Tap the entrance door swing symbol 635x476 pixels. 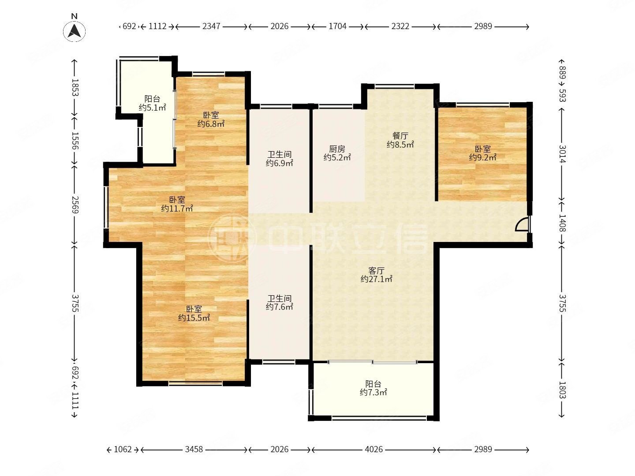click(523, 224)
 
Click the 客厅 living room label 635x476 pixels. click(377, 271)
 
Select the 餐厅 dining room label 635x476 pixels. click(400, 136)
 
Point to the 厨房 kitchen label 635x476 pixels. click(337, 149)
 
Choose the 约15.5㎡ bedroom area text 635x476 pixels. click(194, 318)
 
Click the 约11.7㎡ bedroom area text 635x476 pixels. click(177, 208)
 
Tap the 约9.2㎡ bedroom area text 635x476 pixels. click(483, 157)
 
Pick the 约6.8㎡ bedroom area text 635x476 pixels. click(211, 124)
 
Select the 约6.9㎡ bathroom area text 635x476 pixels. click(279, 163)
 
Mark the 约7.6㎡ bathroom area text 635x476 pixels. click(279, 307)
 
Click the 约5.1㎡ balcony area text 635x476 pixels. click(152, 108)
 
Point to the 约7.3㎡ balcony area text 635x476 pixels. click(373, 392)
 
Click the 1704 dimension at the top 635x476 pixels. click(337, 26)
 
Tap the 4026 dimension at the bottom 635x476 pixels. click(374, 450)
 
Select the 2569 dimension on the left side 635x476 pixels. click(75, 205)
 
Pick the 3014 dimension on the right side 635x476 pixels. click(562, 154)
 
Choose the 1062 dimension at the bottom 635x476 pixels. click(123, 450)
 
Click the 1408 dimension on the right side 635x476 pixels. click(562, 223)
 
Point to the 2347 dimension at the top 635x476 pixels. click(211, 26)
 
